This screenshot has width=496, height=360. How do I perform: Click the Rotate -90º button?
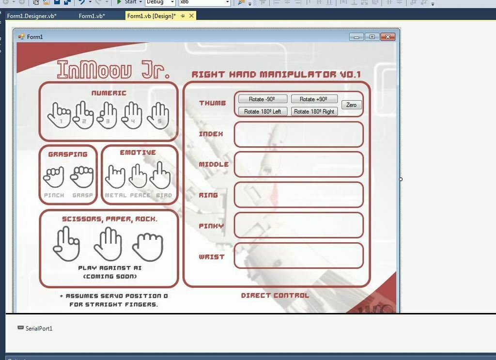tap(263, 99)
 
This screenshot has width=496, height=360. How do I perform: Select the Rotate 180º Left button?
tap(263, 111)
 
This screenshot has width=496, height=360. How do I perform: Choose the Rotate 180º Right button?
tap(314, 111)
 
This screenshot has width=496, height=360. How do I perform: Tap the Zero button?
tap(351, 105)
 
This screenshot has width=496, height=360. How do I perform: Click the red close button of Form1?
tap(387, 37)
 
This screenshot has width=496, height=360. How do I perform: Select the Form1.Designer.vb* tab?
tap(32, 16)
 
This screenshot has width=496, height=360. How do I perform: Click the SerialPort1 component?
tap(39, 329)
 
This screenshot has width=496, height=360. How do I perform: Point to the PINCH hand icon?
tap(54, 177)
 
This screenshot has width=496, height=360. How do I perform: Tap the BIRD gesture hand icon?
tap(160, 176)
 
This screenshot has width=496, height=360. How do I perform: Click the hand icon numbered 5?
tap(158, 116)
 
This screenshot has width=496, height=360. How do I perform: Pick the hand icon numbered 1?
tap(59, 116)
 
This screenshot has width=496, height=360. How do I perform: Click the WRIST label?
tap(212, 257)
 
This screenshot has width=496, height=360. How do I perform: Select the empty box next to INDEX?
tap(298, 134)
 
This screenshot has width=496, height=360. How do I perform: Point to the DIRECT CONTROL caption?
tap(275, 295)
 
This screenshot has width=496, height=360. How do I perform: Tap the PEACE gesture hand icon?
tap(138, 176)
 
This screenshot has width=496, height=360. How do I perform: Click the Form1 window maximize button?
tap(372, 37)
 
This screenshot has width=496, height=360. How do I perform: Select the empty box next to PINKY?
tap(298, 225)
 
